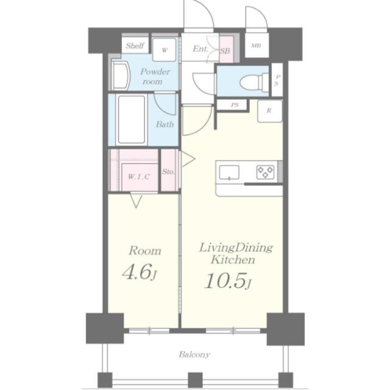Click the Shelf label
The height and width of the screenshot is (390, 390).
(135, 46)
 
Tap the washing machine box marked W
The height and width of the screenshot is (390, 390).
(164, 50)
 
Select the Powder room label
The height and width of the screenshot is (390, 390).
(155, 76)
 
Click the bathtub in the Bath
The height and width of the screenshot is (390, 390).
(132, 119)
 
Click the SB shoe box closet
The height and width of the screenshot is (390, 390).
(226, 49)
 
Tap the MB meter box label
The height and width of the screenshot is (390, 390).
(256, 46)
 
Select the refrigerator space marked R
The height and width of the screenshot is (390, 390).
(269, 111)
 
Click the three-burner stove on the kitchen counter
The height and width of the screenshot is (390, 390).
(266, 172)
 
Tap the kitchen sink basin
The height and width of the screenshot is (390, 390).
(229, 172)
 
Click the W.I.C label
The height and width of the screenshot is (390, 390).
(139, 177)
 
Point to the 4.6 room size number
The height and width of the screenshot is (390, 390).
(136, 272)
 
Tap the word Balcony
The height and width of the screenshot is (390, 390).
(194, 355)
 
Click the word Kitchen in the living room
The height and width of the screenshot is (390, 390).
(233, 260)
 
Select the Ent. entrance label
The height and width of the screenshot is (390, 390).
(200, 49)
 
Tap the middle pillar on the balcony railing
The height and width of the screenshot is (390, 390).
(195, 380)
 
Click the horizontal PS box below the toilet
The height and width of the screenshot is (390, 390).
(232, 105)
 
